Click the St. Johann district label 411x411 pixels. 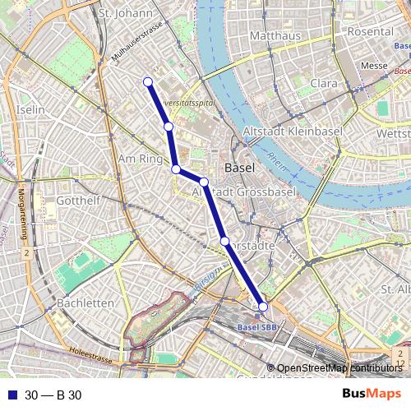click(125, 13)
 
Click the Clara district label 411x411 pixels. click(324, 83)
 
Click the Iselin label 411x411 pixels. click(30, 109)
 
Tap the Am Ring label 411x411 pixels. click(141, 158)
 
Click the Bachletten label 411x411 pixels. click(86, 302)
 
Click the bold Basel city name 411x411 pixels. click(239, 167)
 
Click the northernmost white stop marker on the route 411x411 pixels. click(148, 81)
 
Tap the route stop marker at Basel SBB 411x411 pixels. click(263, 307)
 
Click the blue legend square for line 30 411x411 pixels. click(12, 395)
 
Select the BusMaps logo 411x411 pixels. click(372, 394)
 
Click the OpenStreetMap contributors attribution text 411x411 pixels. click(339, 368)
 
